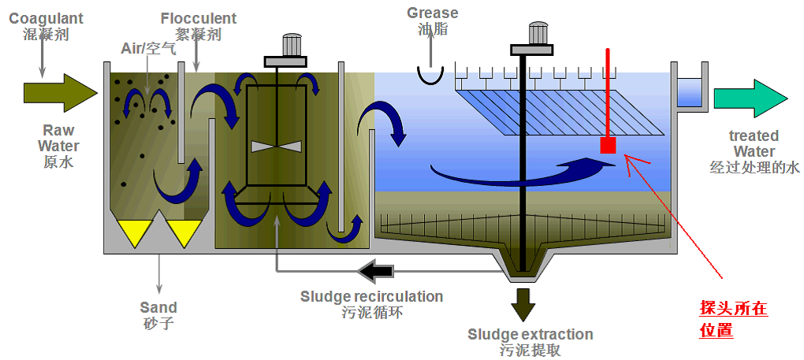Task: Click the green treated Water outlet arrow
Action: click(750, 98)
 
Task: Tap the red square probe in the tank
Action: click(608, 146)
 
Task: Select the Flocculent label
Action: click(198, 17)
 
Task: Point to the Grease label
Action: click(432, 13)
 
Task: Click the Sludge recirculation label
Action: click(371, 296)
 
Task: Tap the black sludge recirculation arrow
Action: click(375, 271)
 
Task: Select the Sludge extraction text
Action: click(530, 334)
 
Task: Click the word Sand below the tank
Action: click(158, 307)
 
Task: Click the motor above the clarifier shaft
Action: click(538, 32)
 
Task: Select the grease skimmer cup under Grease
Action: click(431, 75)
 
